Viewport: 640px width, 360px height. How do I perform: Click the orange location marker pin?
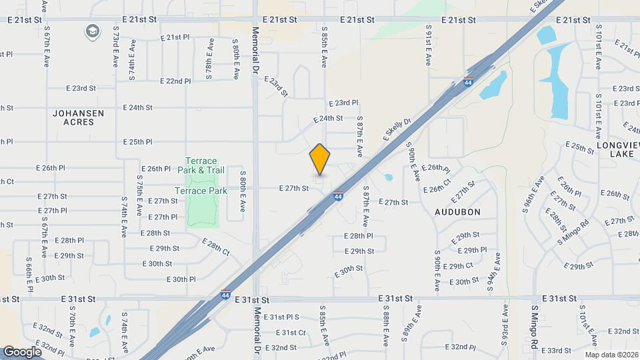tap(320, 159)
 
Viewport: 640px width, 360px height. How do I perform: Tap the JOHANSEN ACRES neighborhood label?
tap(79, 117)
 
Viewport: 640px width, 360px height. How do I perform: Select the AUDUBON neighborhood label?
tap(457, 211)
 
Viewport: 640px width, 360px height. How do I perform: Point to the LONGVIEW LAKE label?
tap(619, 149)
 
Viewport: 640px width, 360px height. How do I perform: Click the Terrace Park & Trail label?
tap(201, 165)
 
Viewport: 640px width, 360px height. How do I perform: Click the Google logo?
tap(23, 351)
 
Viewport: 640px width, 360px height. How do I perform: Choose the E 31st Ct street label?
tap(290, 332)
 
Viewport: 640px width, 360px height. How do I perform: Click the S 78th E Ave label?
tap(209, 60)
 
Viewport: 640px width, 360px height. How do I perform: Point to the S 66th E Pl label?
tap(30, 275)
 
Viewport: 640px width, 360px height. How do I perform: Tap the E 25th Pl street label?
tap(138, 142)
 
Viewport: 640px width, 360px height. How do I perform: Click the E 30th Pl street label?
tap(181, 279)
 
